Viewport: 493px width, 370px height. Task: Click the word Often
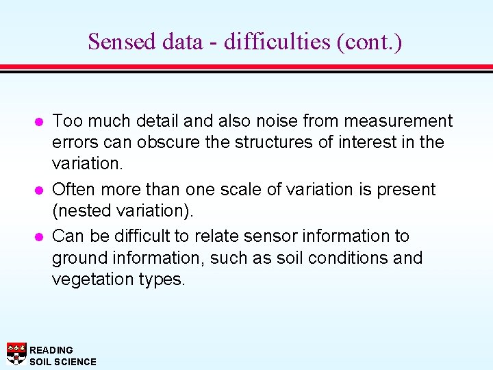tap(73, 189)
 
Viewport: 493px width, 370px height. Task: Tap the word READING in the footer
tap(51, 350)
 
